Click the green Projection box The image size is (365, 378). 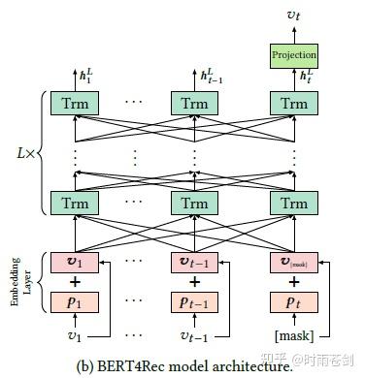tap(293, 54)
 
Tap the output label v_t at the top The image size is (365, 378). tap(293, 15)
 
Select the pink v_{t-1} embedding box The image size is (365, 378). tap(189, 263)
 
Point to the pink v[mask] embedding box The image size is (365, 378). tap(293, 263)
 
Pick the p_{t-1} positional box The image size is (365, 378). tap(189, 302)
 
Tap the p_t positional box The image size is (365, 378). tap(293, 302)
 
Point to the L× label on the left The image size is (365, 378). tap(28, 154)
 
